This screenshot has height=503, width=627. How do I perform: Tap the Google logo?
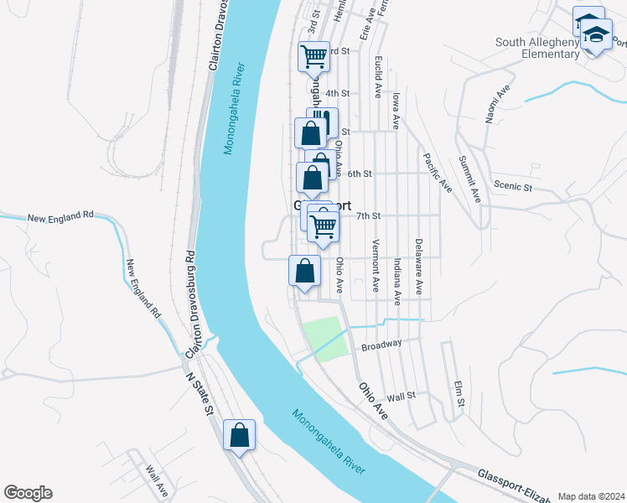click(28, 493)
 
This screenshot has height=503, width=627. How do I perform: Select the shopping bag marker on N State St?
click(239, 435)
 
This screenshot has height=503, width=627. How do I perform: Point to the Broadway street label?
click(381, 345)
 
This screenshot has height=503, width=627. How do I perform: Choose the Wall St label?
click(402, 396)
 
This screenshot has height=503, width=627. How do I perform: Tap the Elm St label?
click(459, 395)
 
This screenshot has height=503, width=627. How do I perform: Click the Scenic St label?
click(513, 186)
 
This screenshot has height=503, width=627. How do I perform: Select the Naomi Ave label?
click(494, 104)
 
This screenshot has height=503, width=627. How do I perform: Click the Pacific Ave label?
click(438, 172)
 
